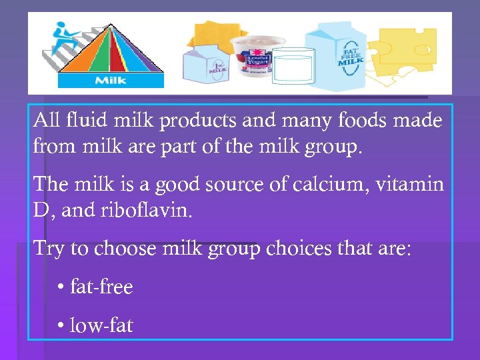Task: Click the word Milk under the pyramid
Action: coord(110,81)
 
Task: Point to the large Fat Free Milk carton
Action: coord(341,57)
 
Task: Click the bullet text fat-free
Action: coord(101,287)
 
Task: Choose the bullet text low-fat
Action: coord(101,325)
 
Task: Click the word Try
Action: coord(49,249)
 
